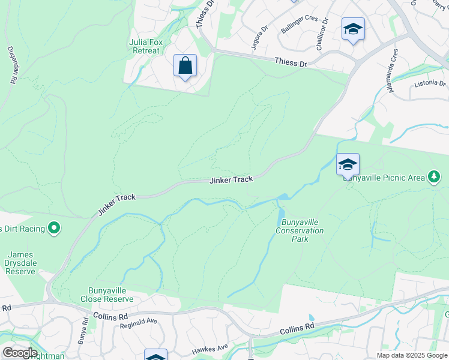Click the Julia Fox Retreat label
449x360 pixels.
point(145,46)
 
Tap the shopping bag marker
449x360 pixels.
point(185,65)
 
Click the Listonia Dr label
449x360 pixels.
point(430,84)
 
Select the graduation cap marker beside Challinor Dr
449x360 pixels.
point(353,29)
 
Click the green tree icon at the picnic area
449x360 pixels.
point(433,177)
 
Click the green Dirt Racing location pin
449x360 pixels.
point(54,228)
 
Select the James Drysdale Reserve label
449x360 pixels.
point(20,263)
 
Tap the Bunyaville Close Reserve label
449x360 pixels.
point(107,295)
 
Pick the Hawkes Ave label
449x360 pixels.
point(209,348)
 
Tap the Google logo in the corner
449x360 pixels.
point(19,352)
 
